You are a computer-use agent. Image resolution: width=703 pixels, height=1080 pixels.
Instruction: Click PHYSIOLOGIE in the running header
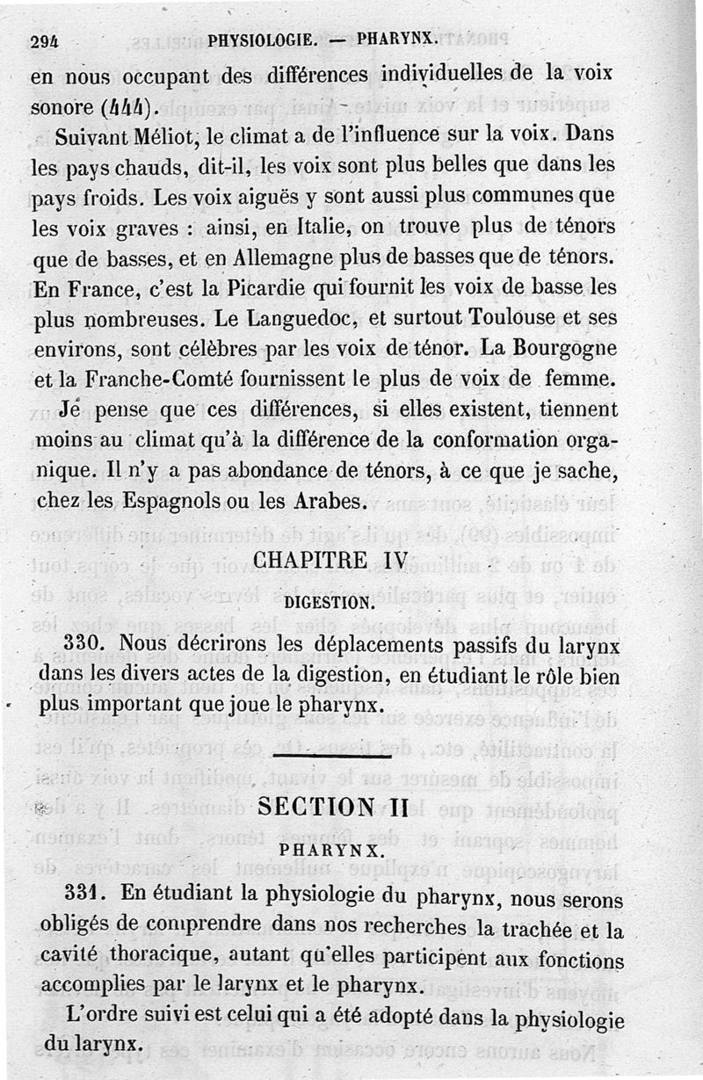pyautogui.click(x=263, y=39)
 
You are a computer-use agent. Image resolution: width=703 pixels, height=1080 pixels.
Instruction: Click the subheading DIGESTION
pyautogui.click(x=329, y=604)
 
